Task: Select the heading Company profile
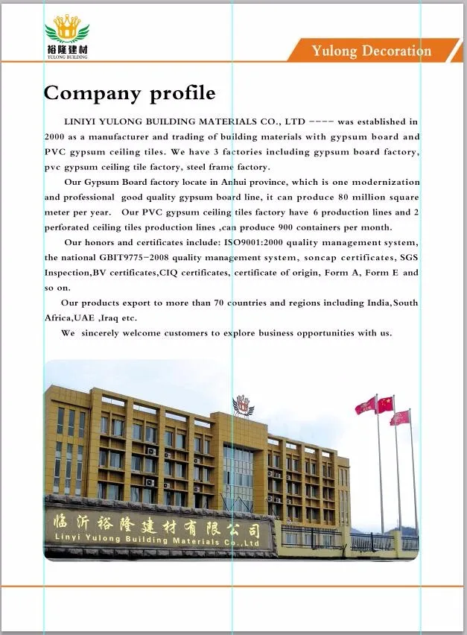point(130,93)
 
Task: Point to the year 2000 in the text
point(54,137)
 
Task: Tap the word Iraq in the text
point(118,318)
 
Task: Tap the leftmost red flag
point(365,406)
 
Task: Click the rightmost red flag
point(401,417)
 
